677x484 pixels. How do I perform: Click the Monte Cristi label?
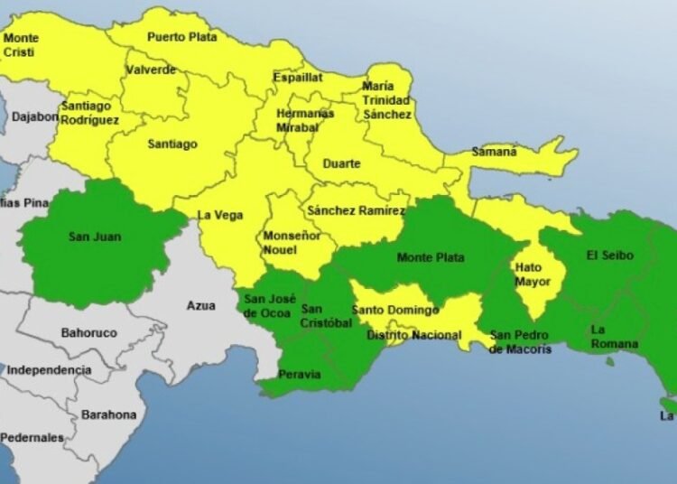pyautogui.click(x=21, y=45)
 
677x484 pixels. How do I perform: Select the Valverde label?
pyautogui.click(x=151, y=70)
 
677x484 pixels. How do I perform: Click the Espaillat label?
pyautogui.click(x=298, y=78)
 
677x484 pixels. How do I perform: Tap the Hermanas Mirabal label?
pyautogui.click(x=305, y=120)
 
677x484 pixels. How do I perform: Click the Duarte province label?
pyautogui.click(x=341, y=163)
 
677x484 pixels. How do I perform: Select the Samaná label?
pyautogui.click(x=495, y=152)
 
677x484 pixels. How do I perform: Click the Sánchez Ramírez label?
pyautogui.click(x=356, y=210)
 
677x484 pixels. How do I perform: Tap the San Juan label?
pyautogui.click(x=95, y=237)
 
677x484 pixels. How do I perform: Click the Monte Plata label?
pyautogui.click(x=430, y=258)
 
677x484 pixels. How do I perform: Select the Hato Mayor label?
pyautogui.click(x=531, y=275)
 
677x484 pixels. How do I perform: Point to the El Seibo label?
pyautogui.click(x=609, y=256)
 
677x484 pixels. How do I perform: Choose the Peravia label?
pyautogui.click(x=299, y=375)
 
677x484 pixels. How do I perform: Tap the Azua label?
pyautogui.click(x=200, y=305)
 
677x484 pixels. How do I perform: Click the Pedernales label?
pyautogui.click(x=32, y=437)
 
